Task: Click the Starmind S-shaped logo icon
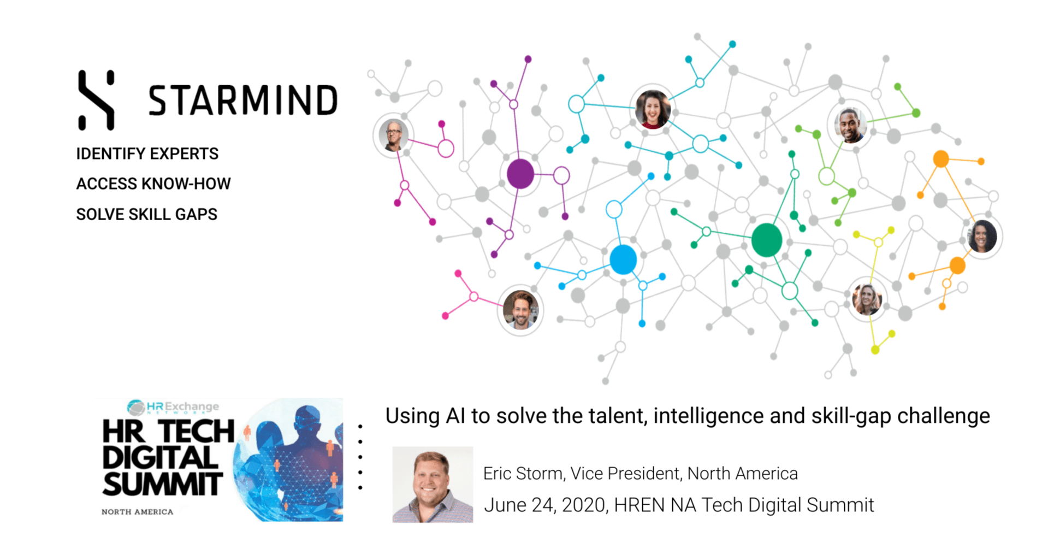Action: coord(96,100)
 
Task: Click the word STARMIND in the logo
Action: coord(243,101)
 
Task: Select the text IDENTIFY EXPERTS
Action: coord(147,154)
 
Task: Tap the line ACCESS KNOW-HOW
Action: coord(153,184)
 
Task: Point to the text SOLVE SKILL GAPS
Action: coord(146,214)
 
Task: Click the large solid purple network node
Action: coord(520,174)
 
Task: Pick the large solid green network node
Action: coord(767,240)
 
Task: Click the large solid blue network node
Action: coord(623,259)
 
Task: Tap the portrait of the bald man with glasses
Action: coord(393,135)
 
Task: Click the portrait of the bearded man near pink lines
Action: coord(520,310)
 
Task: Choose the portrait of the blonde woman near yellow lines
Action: coord(867,299)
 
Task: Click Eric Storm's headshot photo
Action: coord(433,485)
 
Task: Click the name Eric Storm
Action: coord(523,474)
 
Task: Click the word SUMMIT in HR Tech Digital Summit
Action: coord(163,484)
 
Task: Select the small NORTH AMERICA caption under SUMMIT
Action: coord(137,512)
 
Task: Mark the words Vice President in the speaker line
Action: coord(625,474)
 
